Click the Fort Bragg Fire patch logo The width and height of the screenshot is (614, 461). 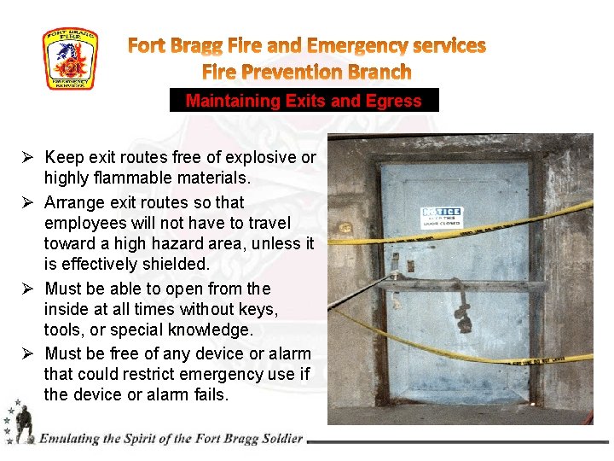tap(71, 59)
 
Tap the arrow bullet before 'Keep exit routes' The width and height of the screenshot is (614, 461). tap(28, 158)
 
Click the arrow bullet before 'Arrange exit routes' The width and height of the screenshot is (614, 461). tap(28, 202)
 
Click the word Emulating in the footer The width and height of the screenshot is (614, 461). tap(70, 439)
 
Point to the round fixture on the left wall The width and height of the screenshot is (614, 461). tap(346, 229)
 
